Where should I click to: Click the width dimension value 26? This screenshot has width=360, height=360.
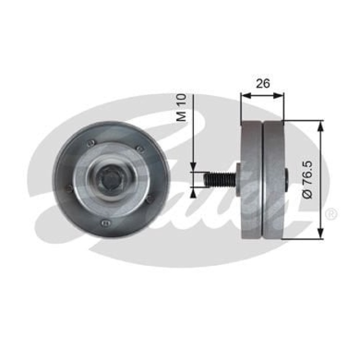263,84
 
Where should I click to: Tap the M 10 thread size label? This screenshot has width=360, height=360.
181,109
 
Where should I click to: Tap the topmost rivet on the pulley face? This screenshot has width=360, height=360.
91,142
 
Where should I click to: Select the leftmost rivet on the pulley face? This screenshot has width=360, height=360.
69,189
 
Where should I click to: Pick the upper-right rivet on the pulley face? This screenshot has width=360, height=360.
139,149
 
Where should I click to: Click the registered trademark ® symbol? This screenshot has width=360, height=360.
332,214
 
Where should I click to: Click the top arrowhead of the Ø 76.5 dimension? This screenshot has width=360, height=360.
321,124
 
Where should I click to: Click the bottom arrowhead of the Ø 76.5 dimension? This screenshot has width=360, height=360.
321,236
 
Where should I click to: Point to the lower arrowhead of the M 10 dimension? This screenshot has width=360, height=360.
193,191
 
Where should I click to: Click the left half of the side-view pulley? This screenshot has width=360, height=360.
251,180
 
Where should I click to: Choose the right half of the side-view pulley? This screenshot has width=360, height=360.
273,180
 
